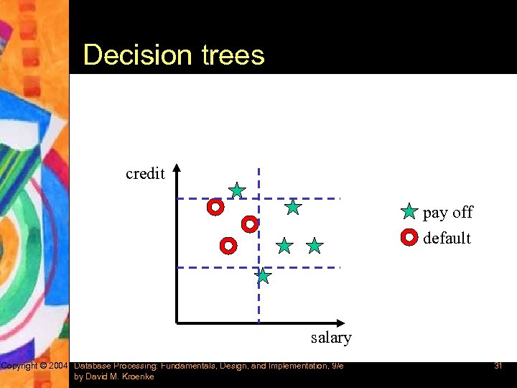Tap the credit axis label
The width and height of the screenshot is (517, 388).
pos(145,173)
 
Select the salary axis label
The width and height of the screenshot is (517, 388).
pos(331,337)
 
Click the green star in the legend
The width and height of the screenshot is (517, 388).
pos(409,212)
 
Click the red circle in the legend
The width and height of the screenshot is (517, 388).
pos(409,236)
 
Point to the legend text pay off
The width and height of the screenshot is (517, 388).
pos(448,212)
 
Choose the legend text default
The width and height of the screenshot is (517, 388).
pos(447,238)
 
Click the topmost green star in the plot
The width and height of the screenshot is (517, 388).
pos(237,190)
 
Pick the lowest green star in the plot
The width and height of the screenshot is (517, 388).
pos(264,276)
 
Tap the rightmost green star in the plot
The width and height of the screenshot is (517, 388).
pos(315,246)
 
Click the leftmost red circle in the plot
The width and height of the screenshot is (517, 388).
pos(215,208)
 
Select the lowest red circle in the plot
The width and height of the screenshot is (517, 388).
pos(228,246)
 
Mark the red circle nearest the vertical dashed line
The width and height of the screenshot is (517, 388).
pos(249,223)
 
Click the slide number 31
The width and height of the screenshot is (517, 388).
pos(497,366)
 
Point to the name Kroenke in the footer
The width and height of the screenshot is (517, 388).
pos(138,377)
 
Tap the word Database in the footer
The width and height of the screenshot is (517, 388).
pos(93,366)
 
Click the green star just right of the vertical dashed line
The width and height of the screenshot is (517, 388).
pos(285,246)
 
